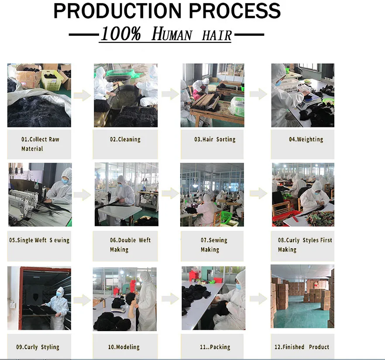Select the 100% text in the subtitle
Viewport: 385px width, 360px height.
click(x=121, y=34)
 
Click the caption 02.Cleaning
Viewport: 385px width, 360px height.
click(x=125, y=139)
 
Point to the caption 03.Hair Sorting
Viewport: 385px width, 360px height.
click(x=215, y=139)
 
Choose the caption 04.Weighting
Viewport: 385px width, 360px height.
click(x=306, y=139)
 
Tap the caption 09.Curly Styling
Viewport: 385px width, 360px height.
click(x=38, y=347)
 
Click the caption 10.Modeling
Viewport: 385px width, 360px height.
click(x=124, y=347)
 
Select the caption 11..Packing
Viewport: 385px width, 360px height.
click(x=215, y=347)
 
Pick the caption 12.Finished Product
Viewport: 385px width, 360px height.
click(x=302, y=347)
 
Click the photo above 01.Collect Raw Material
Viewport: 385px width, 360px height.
click(x=39, y=95)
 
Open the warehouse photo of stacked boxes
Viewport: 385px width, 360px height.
click(x=302, y=296)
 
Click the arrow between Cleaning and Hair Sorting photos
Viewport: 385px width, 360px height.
click(x=170, y=94)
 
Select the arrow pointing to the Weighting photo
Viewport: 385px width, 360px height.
click(x=258, y=94)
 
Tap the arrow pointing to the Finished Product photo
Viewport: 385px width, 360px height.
click(x=258, y=298)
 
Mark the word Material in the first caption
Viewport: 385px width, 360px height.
click(x=32, y=149)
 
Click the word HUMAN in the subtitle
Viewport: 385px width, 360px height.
click(x=172, y=34)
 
